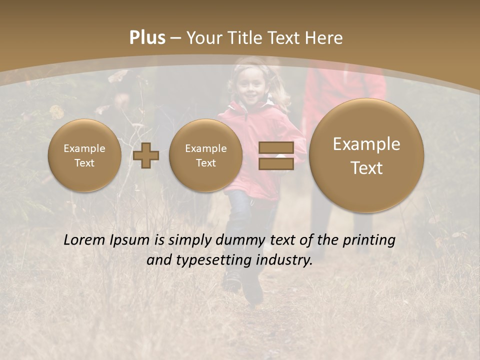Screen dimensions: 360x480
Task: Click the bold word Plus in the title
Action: point(147,38)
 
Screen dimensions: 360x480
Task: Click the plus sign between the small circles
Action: point(146,155)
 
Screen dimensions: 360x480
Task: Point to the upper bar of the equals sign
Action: point(275,148)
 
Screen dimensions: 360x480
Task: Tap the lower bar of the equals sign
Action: point(275,164)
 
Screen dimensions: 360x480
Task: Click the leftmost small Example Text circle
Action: point(84,155)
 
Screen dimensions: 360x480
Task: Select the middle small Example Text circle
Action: point(205,155)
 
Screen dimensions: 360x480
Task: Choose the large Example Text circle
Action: point(366,155)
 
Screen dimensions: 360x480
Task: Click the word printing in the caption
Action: point(368,240)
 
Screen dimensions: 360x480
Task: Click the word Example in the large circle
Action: point(366,144)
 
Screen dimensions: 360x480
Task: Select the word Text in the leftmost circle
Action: point(84,163)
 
